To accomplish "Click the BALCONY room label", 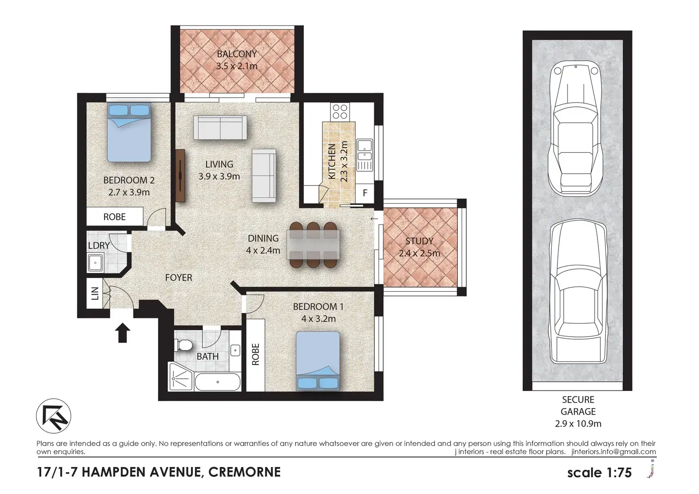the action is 237,54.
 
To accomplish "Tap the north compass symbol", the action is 54,416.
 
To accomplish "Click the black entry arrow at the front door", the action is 123,333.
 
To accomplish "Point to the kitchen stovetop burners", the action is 340,112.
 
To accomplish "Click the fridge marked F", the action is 365,193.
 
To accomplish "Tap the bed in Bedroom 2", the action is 129,132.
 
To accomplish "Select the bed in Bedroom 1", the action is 318,361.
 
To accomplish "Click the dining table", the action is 313,244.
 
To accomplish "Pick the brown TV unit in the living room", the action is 180,176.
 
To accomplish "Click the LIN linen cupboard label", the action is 95,293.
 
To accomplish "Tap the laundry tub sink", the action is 95,262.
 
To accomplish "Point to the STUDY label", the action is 419,241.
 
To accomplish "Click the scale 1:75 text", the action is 599,473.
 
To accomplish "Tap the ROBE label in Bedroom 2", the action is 114,217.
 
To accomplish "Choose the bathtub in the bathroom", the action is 217,382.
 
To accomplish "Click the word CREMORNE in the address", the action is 245,472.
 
